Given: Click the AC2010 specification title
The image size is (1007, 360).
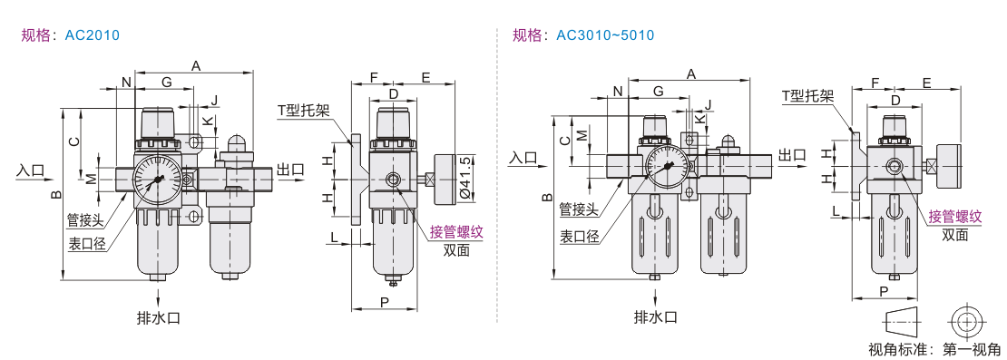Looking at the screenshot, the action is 70,34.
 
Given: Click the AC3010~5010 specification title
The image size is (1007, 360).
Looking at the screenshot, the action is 583,34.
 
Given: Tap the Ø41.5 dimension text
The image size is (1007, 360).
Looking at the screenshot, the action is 467,180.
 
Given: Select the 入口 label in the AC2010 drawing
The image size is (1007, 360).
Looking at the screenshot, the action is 31,170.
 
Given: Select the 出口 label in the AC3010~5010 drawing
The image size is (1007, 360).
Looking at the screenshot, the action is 791,154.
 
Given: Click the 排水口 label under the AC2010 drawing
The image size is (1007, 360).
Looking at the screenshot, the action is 158,317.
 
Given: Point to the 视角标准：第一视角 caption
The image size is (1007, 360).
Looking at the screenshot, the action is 934,350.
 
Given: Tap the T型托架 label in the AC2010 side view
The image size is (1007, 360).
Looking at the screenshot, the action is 304,111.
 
